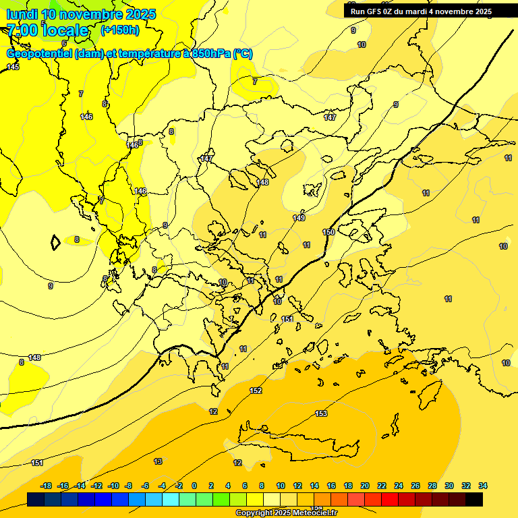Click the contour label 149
pyautogui.click(x=299, y=218)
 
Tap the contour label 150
pyautogui.click(x=328, y=232)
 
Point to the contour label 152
pyautogui.click(x=256, y=391)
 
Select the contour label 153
pyautogui.click(x=321, y=413)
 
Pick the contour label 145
pyautogui.click(x=13, y=67)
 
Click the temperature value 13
pyautogui.click(x=158, y=461)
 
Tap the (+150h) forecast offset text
pyautogui.click(x=119, y=30)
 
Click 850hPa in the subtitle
pyautogui.click(x=211, y=54)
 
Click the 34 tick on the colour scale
pyautogui.click(x=483, y=486)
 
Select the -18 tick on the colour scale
pyautogui.click(x=47, y=486)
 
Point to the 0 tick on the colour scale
pyautogui.click(x=194, y=486)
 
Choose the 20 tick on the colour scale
pyautogui.click(x=365, y=486)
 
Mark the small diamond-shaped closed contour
pyautogui.click(x=55, y=241)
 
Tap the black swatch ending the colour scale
pyautogui.click(x=474, y=499)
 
